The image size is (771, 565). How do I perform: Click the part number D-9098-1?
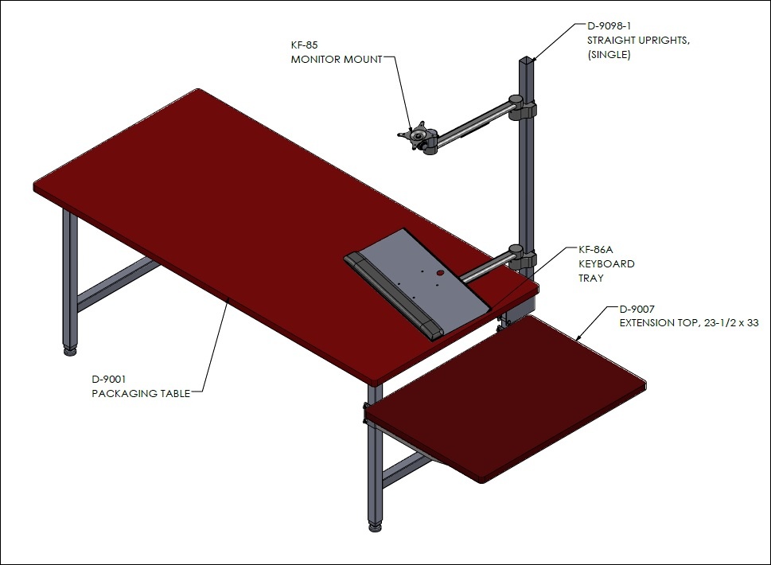coord(609,25)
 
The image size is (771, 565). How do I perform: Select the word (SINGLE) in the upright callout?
coord(609,55)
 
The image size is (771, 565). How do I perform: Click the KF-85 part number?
coord(305,45)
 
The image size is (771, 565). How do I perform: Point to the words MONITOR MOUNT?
coord(337,59)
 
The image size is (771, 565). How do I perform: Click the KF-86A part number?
coord(595,249)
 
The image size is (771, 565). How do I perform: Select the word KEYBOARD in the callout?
coord(606,263)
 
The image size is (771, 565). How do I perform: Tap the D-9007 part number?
coord(637,310)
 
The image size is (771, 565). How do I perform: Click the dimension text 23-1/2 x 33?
coord(731,323)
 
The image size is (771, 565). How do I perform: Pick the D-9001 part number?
coord(109,379)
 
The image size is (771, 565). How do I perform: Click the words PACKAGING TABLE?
coord(141,393)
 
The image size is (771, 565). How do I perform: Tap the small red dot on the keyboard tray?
coord(440,272)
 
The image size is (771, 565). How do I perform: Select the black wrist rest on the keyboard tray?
coord(393,295)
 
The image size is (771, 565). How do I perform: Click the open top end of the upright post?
coord(526,60)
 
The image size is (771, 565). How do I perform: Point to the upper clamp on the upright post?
coord(522,107)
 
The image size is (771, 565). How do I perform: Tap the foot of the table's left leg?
coord(70,351)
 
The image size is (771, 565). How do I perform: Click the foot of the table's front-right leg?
coord(376,527)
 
